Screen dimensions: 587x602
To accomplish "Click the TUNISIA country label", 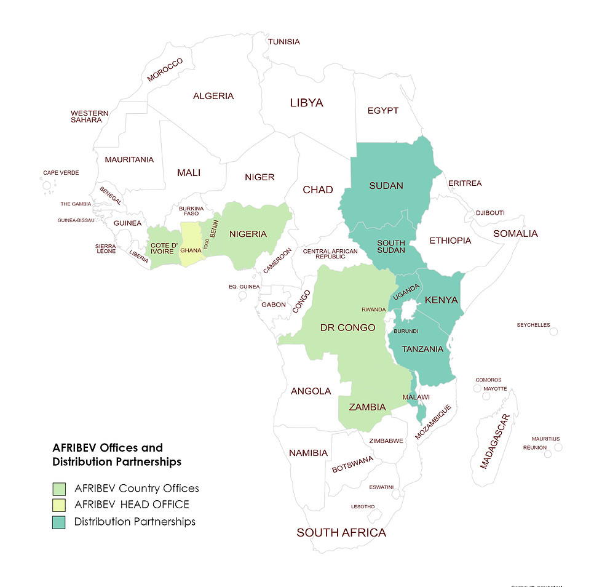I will (284, 42).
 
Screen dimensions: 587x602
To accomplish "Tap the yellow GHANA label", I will (191, 250).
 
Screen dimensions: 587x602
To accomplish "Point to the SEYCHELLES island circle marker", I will (553, 332).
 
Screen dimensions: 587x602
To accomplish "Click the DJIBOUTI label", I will (490, 213).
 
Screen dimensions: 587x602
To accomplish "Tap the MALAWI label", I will (416, 397).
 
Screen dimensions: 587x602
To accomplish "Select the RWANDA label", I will (374, 309).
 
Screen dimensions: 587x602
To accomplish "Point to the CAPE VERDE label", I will (61, 173).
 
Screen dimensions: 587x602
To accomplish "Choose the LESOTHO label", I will (362, 506).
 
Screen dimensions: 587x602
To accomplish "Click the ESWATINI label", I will (381, 487).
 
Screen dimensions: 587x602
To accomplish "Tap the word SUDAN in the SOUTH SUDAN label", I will (391, 250).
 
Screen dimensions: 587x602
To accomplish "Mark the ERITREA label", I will (465, 183).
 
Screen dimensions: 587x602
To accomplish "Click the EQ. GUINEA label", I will (244, 287).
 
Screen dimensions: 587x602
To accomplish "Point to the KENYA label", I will (442, 300).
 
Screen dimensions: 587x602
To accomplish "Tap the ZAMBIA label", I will (367, 407).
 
